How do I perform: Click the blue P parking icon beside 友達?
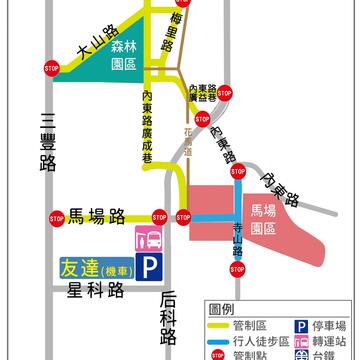click(x=147, y=267)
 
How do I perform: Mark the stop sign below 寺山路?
click(x=236, y=268)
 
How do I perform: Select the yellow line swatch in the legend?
click(x=217, y=324)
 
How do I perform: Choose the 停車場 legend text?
click(x=326, y=324)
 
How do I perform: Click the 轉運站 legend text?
click(x=326, y=340)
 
